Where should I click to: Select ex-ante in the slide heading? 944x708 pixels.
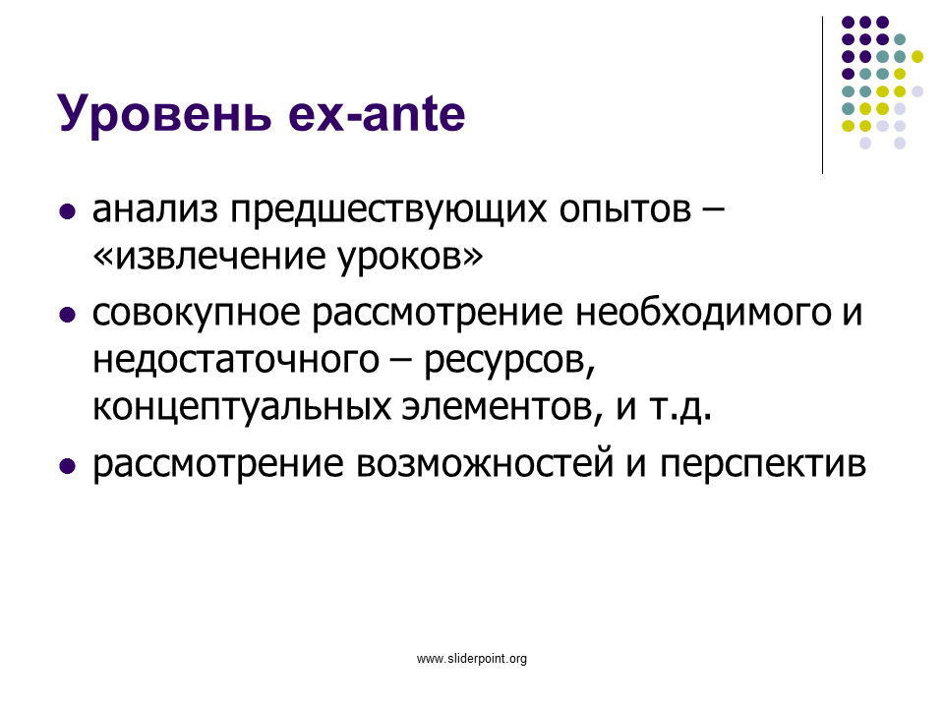pos(377,114)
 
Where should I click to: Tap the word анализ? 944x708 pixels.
pos(155,209)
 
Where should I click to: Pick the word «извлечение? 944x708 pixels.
pos(208,256)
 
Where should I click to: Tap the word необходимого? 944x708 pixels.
pos(704,313)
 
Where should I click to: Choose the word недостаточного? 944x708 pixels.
pos(236,361)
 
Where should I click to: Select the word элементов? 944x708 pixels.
pos(502,408)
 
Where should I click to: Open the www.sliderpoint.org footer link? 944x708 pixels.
pos(472,659)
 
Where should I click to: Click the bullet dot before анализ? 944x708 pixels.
pos(68,212)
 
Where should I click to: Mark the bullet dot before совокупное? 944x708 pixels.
pos(68,315)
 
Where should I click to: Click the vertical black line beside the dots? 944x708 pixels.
pos(822,95)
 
